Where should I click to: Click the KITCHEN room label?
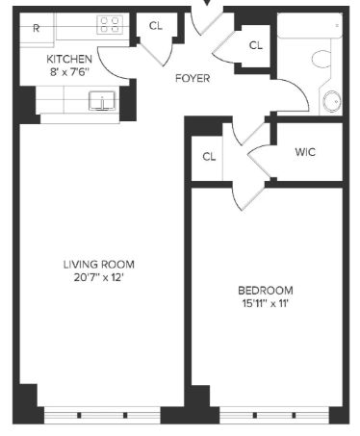pyautogui.click(x=69, y=59)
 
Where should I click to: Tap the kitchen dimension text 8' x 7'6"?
pyautogui.click(x=69, y=72)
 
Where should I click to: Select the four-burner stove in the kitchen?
pyautogui.click(x=110, y=25)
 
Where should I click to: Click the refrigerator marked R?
pyautogui.click(x=37, y=29)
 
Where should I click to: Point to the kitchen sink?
pyautogui.click(x=102, y=101)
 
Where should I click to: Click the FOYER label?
pyautogui.click(x=193, y=78)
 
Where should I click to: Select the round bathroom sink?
pyautogui.click(x=331, y=102)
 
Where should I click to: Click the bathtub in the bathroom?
pyautogui.click(x=310, y=26)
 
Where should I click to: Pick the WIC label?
pyautogui.click(x=305, y=152)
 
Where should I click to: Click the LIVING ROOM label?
pyautogui.click(x=99, y=265)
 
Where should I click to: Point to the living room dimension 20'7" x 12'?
pyautogui.click(x=99, y=277)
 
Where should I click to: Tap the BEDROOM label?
pyautogui.click(x=266, y=291)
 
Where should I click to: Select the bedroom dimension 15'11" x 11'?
pyautogui.click(x=266, y=303)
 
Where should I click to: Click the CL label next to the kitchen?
pyautogui.click(x=156, y=26)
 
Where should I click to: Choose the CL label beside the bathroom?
pyautogui.click(x=256, y=45)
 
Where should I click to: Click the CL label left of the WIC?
pyautogui.click(x=209, y=157)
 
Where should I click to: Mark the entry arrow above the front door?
pyautogui.click(x=207, y=3)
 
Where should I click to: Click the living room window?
pyautogui.click(x=102, y=415)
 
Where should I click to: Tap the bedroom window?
pyautogui.click(x=274, y=415)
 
